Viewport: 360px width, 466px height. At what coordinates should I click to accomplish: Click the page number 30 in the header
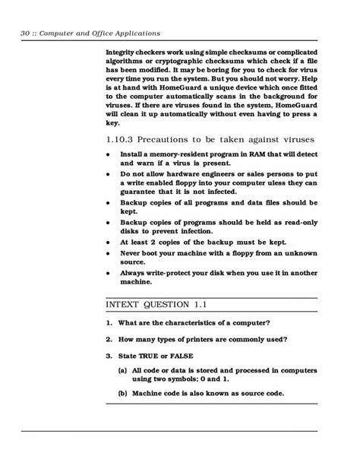tap(27, 33)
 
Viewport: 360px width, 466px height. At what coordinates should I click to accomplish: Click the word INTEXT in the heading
tap(125, 305)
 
